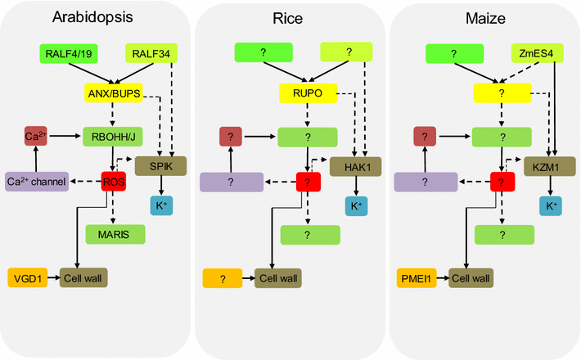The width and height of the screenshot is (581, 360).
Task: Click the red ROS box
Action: (112, 182)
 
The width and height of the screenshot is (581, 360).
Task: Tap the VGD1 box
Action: (29, 278)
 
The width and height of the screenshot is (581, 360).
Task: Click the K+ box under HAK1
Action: (358, 206)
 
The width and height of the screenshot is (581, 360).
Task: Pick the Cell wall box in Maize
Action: (471, 278)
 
